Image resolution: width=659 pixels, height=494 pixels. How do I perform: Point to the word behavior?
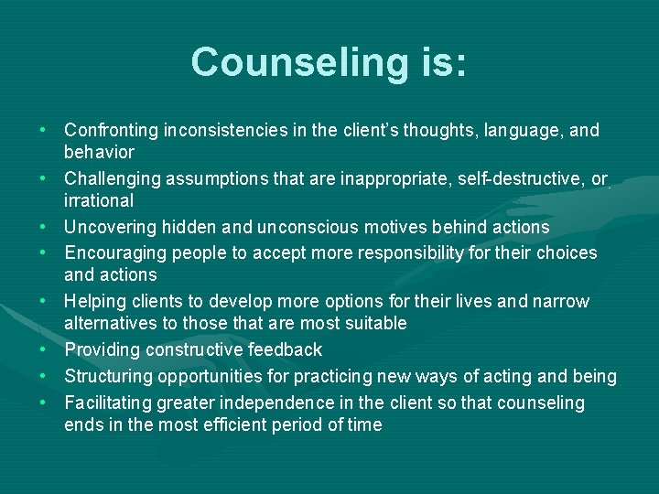pyautogui.click(x=99, y=152)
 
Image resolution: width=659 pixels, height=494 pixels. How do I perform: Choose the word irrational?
pyautogui.click(x=99, y=200)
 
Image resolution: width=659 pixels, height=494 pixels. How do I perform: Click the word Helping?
pyautogui.click(x=94, y=301)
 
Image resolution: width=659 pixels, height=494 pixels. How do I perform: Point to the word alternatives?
pyautogui.click(x=112, y=323)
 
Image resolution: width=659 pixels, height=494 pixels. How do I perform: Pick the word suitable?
pyautogui.click(x=374, y=323)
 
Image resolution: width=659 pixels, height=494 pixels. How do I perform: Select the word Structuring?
pyautogui.click(x=107, y=376)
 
